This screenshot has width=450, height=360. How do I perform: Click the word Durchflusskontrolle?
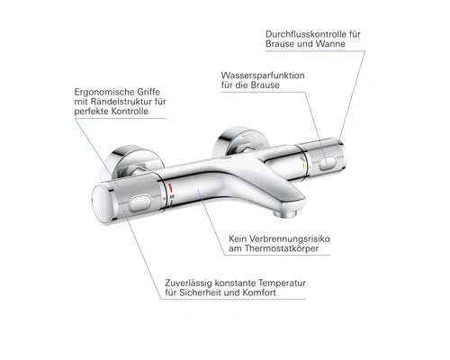coord(309,34)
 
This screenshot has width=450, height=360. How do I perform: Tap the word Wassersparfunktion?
coord(263,76)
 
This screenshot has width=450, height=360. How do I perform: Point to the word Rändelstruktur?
coord(119,102)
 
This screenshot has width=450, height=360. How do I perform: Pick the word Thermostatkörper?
coord(282,248)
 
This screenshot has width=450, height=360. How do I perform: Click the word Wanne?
coord(331,44)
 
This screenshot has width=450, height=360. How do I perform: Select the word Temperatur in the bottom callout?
coord(282,283)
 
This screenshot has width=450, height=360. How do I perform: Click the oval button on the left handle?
coord(139,203)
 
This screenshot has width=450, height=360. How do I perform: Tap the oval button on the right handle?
coord(328,163)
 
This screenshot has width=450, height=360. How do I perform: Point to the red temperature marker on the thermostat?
coord(170,188)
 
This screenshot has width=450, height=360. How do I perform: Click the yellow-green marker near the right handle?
coord(303,166)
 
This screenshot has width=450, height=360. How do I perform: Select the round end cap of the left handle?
coord(102,205)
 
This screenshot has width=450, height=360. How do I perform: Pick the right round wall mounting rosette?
coord(244,141)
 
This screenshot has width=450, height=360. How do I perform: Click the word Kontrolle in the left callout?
coord(130,112)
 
